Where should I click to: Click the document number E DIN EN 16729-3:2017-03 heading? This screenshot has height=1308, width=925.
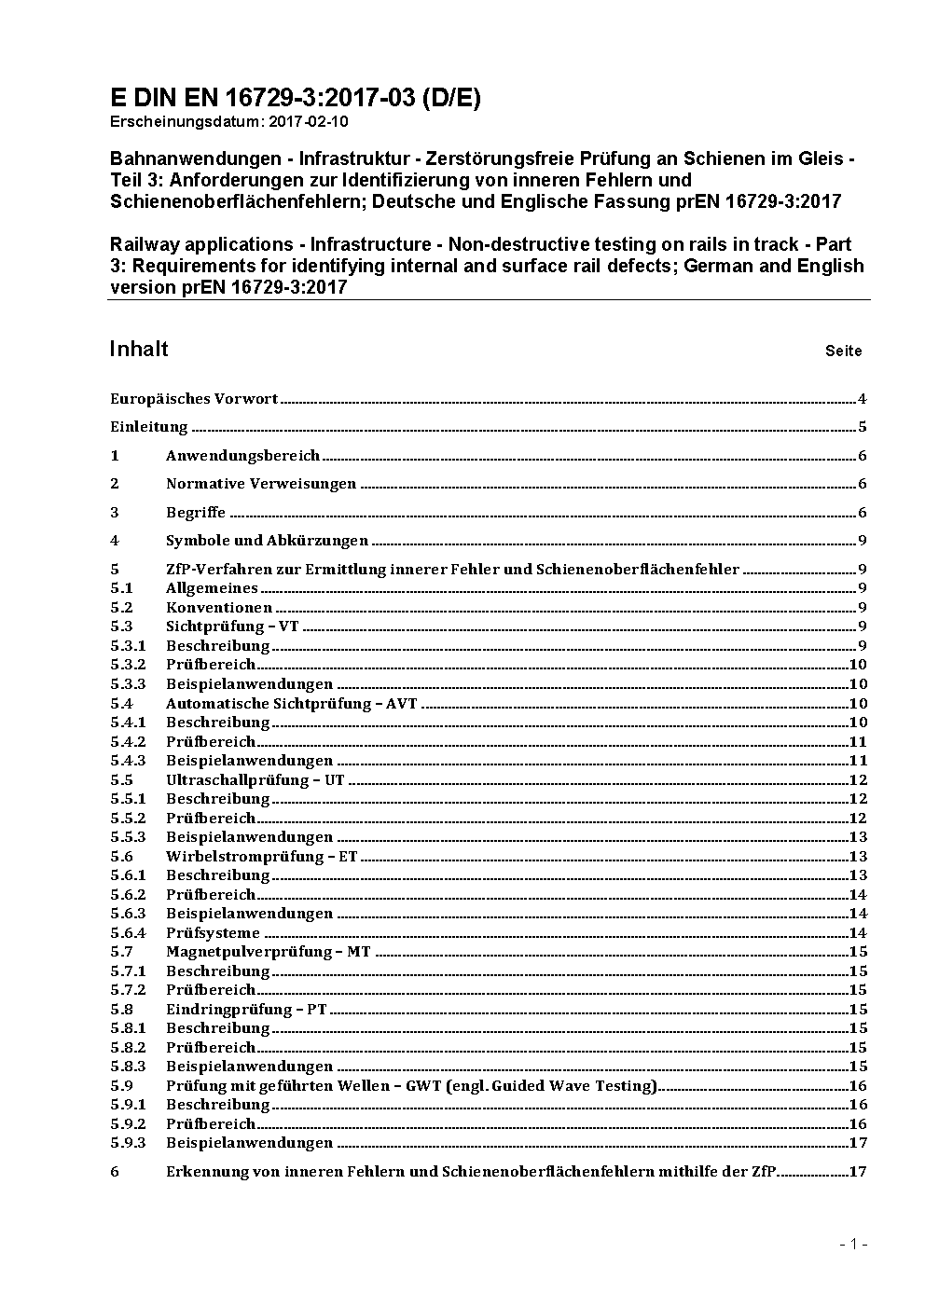pos(295,98)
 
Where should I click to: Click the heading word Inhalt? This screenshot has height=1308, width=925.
pos(139,349)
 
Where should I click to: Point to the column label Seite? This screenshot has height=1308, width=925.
pos(843,351)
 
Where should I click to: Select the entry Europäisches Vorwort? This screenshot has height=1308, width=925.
pos(194,399)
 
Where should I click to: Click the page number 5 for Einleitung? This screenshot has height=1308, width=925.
pos(863,427)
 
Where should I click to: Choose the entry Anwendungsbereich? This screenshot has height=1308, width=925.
pos(242,456)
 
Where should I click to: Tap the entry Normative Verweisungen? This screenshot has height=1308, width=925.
pos(261,484)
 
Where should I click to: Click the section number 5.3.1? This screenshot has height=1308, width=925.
pos(128,645)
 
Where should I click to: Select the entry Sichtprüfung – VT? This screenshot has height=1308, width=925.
pos(232,626)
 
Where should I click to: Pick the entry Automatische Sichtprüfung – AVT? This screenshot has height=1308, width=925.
pos(292,703)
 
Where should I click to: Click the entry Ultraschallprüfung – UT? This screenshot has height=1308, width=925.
pos(255,779)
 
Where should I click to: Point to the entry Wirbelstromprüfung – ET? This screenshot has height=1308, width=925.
pos(261,856)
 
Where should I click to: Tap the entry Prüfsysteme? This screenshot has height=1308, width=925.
pos(213,932)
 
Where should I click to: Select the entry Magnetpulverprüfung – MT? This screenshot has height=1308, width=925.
pos(269,952)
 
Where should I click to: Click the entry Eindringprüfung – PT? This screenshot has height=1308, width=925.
pos(246,1009)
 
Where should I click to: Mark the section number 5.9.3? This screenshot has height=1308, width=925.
pos(128,1143)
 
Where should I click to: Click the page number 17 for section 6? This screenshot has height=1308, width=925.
pos(858,1171)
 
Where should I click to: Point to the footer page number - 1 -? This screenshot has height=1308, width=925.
pos(853,1244)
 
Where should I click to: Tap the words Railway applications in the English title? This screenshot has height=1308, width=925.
pos(200,244)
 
